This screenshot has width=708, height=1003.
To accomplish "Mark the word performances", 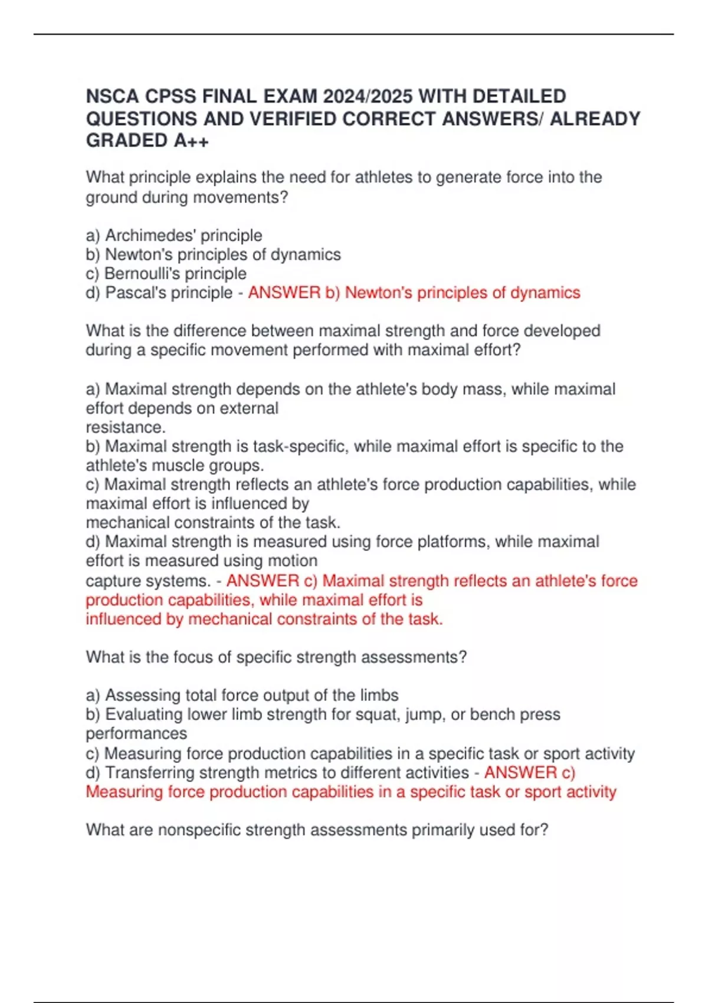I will click(x=136, y=733).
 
